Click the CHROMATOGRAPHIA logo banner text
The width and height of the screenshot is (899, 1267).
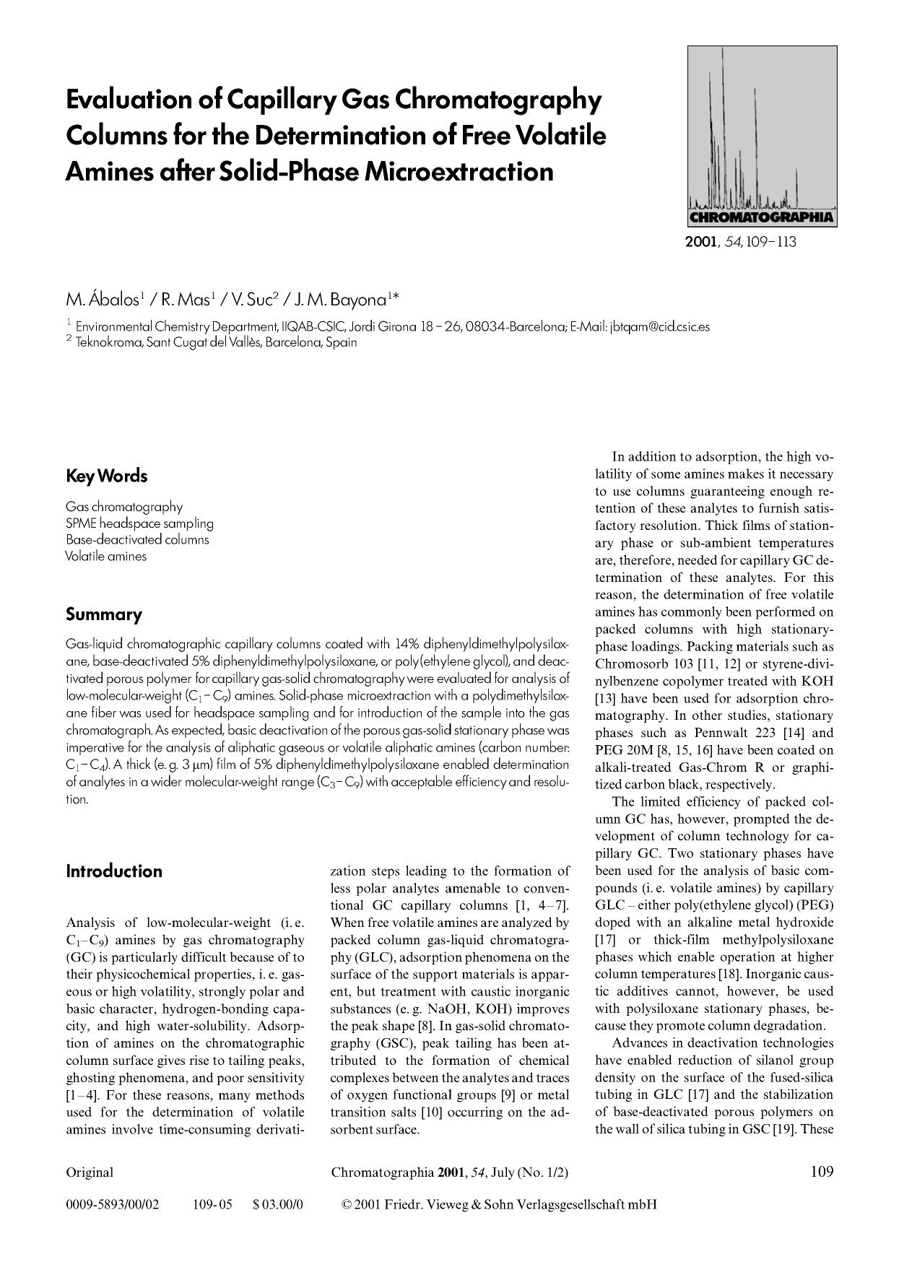[762, 217]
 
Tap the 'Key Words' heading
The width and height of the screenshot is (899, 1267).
[106, 476]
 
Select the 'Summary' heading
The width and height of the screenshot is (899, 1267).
[103, 614]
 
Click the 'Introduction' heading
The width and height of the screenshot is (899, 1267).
[113, 871]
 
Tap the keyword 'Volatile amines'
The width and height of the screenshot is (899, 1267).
[105, 556]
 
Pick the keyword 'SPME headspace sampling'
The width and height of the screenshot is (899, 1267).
[139, 523]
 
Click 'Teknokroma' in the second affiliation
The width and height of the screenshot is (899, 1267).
[108, 342]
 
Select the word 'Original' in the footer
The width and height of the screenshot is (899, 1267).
[90, 1172]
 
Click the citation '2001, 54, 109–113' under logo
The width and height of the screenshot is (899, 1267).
[740, 242]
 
